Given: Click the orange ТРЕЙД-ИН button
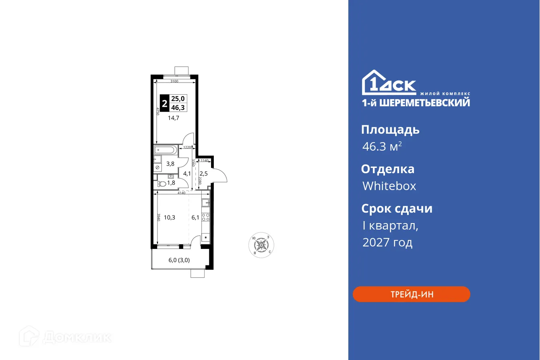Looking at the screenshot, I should tap(411, 294).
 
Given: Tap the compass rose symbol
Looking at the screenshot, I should tap(261, 244).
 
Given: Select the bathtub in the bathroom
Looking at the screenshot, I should tap(165, 151).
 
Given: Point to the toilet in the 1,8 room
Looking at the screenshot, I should tap(162, 184).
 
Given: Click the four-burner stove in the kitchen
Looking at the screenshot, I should tap(205, 217).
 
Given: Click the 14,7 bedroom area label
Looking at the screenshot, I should tap(174, 118).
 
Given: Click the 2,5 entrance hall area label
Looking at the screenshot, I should tap(203, 174).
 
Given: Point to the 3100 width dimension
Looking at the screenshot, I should tap(174, 81).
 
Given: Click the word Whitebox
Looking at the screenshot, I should tap(389, 186).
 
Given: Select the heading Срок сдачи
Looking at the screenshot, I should tap(397, 209).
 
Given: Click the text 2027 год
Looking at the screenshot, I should tap(387, 242).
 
